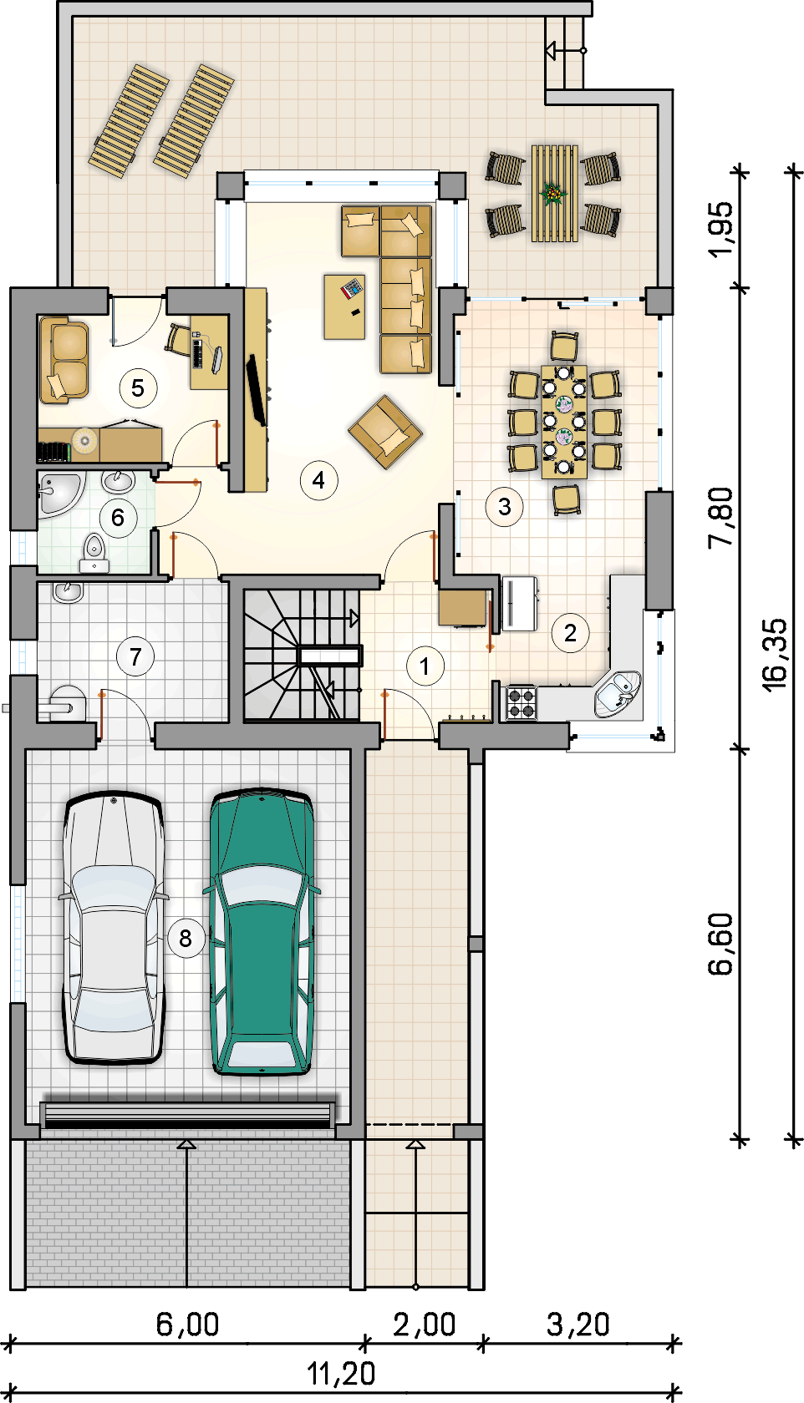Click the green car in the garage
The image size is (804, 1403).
point(262,931)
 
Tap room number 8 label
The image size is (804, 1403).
point(186,939)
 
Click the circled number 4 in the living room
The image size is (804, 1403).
point(319,480)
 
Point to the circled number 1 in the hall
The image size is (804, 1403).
point(425,666)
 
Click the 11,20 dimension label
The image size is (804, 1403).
point(341,1375)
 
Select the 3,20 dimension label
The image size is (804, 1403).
point(578,1324)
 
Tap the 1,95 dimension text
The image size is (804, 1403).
point(720,229)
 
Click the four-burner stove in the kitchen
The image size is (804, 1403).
point(522,702)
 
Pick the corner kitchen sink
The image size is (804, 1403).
point(618,693)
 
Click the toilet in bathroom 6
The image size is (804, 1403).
point(94,552)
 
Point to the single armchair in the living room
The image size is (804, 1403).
point(385,431)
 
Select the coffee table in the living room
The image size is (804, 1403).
point(344,307)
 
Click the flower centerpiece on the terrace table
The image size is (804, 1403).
point(552,193)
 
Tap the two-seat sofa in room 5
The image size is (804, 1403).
point(64,360)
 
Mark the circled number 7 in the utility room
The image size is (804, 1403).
point(135,657)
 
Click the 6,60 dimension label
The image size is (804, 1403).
point(720,944)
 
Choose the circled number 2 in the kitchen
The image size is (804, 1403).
point(570,633)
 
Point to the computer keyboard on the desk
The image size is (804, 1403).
point(198,352)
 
